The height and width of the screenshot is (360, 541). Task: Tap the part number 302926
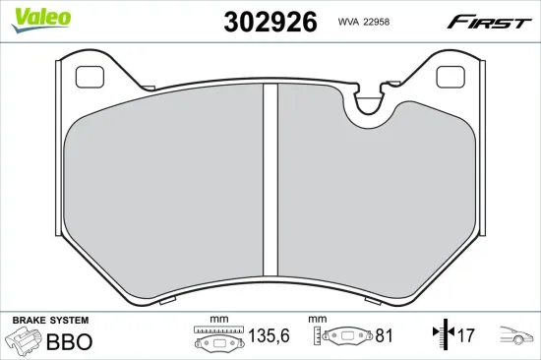[x=270, y=22]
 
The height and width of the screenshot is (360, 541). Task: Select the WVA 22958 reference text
[x=364, y=22]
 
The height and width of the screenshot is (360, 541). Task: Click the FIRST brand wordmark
[x=489, y=22]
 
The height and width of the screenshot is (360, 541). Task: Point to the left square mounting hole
[x=90, y=77]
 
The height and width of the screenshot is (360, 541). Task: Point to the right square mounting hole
[x=451, y=77]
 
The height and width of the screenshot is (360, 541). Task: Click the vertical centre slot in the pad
[x=270, y=179]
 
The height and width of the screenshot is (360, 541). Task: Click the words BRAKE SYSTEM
[x=51, y=321]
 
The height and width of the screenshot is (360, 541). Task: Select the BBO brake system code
[x=70, y=341]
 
